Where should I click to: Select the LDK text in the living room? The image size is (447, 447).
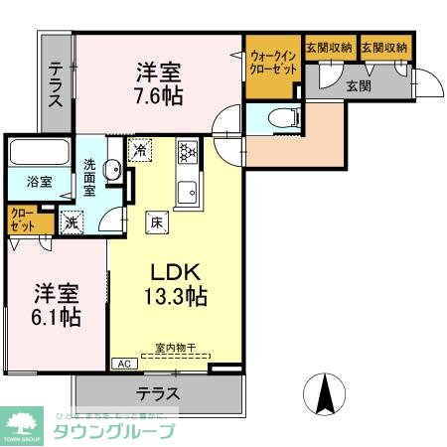pyautogui.click(x=176, y=271)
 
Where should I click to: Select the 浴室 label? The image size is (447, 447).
pyautogui.click(x=38, y=182)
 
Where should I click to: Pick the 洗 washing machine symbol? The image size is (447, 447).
pyautogui.click(x=71, y=222)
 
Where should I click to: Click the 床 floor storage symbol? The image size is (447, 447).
pyautogui.click(x=155, y=222)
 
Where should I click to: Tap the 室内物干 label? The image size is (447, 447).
pyautogui.click(x=175, y=349)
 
